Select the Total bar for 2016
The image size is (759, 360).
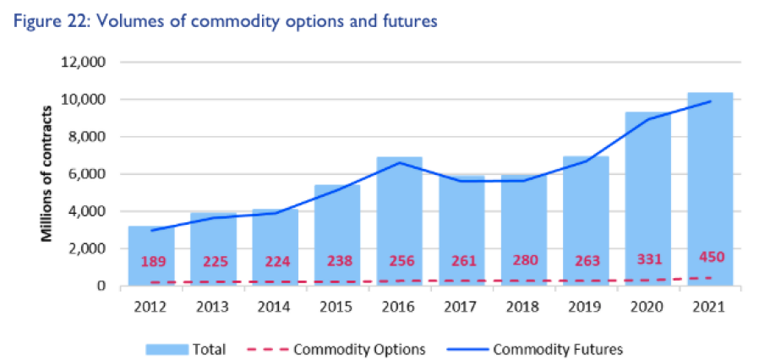pyautogui.click(x=399, y=220)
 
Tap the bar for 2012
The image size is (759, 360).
pyautogui.click(x=150, y=254)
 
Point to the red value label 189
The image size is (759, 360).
pyautogui.click(x=150, y=262)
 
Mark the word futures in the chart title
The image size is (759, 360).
pyautogui.click(x=409, y=21)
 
